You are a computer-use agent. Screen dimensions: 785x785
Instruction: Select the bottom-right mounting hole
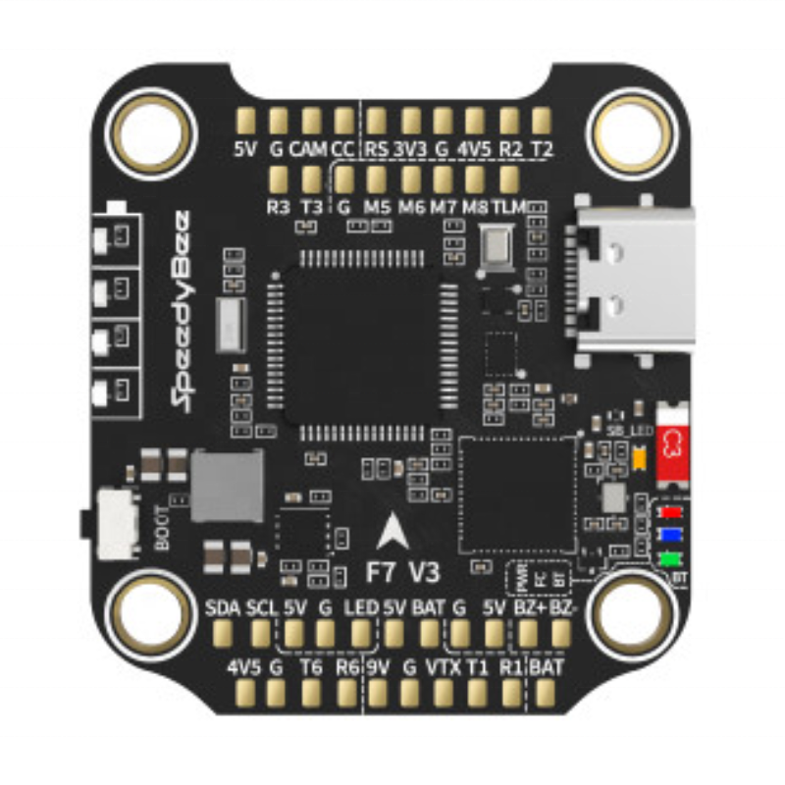[x=632, y=616]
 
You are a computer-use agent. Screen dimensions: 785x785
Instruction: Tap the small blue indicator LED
[x=672, y=536]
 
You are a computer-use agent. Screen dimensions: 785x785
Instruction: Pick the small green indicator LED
[x=672, y=560]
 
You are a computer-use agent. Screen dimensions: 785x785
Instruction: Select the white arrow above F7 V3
[x=394, y=532]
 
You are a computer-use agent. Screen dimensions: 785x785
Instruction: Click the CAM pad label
[x=308, y=149]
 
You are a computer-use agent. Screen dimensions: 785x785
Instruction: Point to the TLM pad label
[x=508, y=207]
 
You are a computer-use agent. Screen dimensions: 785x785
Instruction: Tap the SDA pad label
[x=223, y=607]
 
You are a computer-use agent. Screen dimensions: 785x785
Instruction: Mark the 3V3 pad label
[x=410, y=149]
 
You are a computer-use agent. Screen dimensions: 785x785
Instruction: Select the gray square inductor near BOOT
[x=228, y=486]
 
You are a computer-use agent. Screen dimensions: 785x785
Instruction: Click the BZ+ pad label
[x=530, y=607]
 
